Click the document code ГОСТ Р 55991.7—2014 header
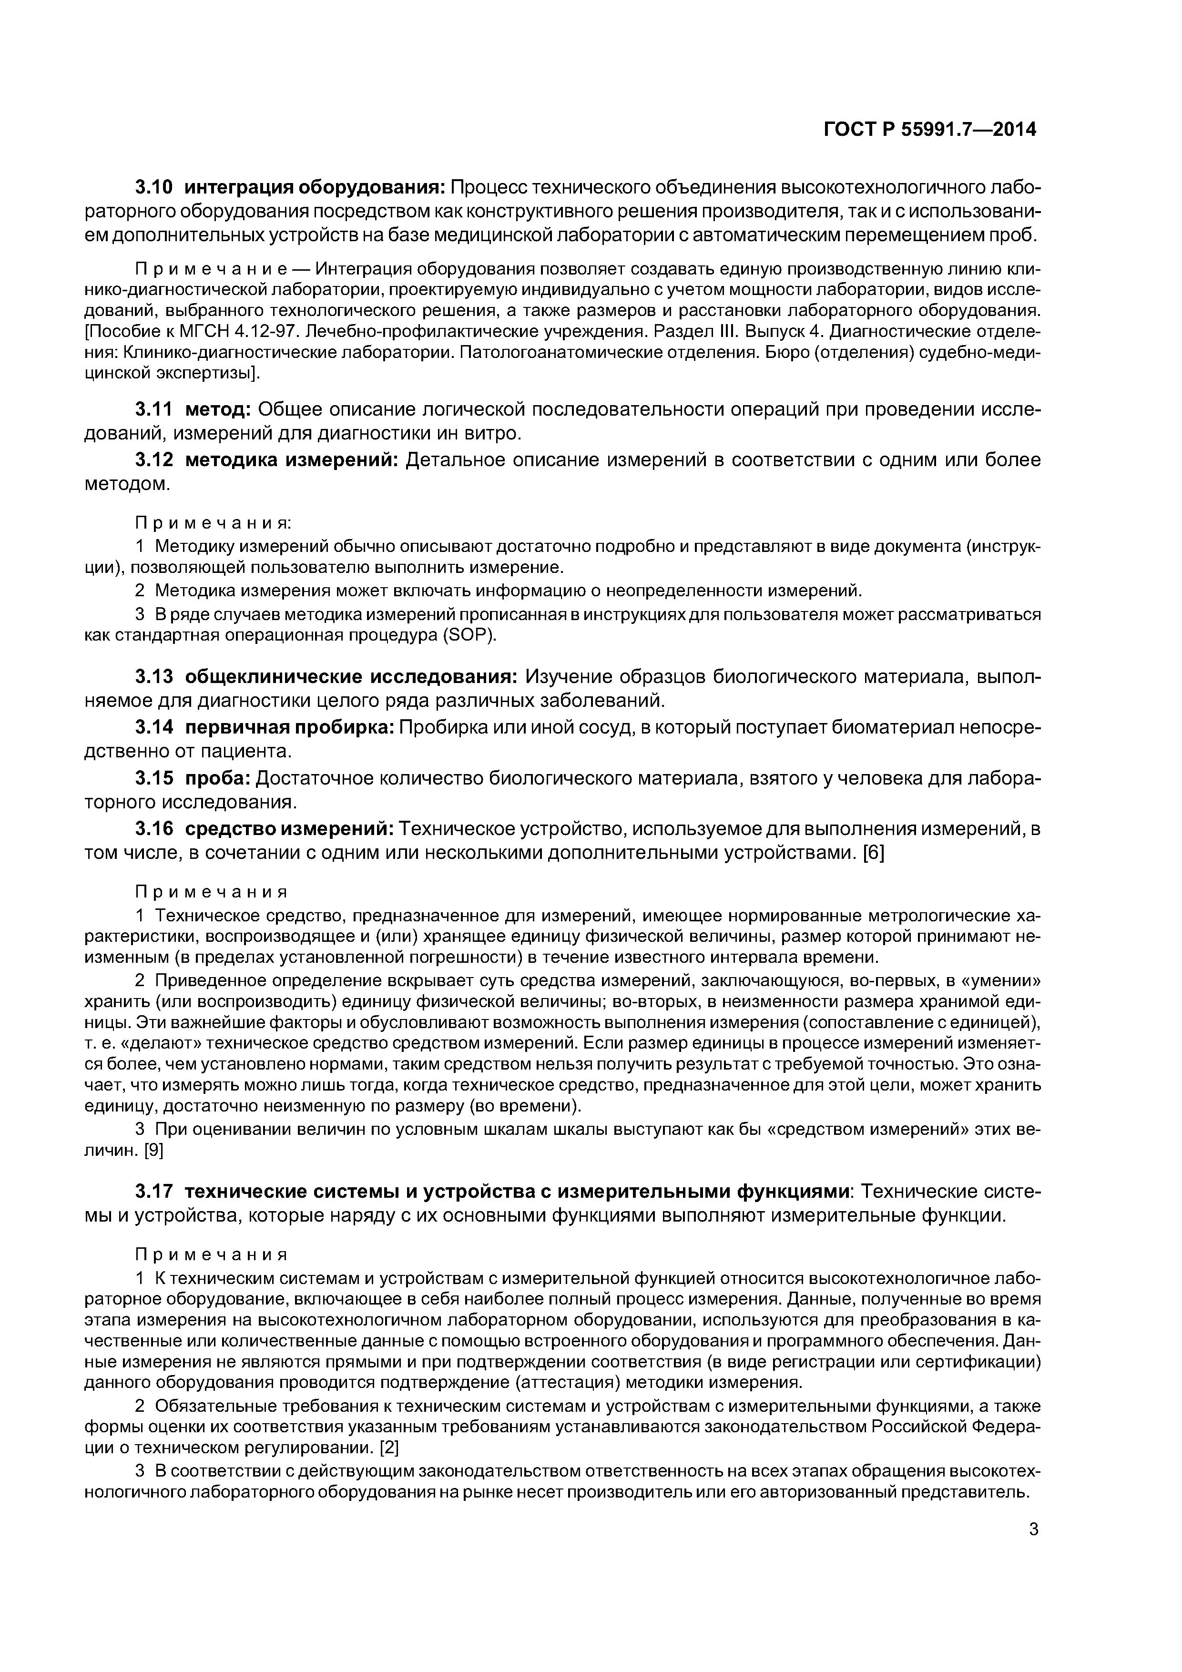pyautogui.click(x=929, y=130)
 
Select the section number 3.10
pyautogui.click(x=154, y=187)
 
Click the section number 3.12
pyautogui.click(x=154, y=460)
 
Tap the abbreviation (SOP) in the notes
pyautogui.click(x=469, y=635)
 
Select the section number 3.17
pyautogui.click(x=154, y=1192)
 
